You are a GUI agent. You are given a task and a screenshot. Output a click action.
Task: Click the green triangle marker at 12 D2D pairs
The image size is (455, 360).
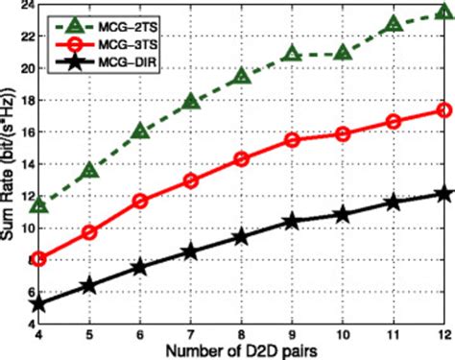pos(443,14)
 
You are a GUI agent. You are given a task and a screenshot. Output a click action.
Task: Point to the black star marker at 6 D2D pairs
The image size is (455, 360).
pos(140,268)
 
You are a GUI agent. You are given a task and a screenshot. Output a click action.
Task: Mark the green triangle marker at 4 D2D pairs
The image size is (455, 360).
pos(39,205)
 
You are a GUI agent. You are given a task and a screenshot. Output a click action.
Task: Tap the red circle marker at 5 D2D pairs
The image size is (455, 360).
pos(89,231)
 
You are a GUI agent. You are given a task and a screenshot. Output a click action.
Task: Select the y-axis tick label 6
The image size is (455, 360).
pos(26,292)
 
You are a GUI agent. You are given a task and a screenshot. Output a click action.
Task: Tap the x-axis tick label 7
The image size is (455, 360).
pos(190,337)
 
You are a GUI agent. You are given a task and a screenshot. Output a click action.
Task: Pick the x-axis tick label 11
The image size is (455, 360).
pos(393,337)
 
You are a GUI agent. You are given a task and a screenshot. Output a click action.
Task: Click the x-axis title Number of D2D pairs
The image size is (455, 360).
pos(240,351)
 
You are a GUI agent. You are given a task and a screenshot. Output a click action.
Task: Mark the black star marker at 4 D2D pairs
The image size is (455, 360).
pos(39,304)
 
